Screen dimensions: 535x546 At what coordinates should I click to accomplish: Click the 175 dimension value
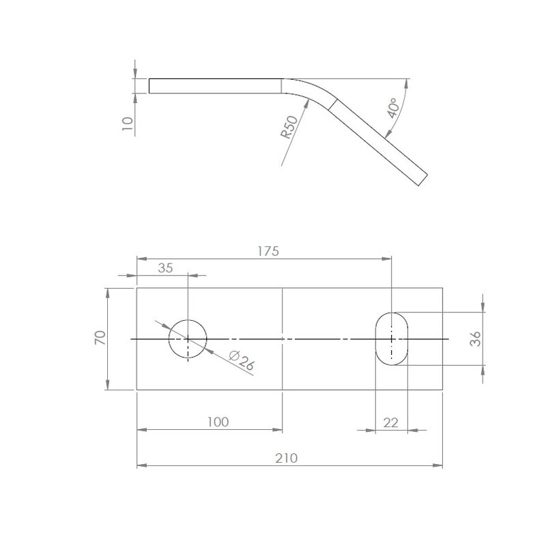(x=268, y=250)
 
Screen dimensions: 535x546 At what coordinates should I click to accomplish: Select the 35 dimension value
(x=166, y=267)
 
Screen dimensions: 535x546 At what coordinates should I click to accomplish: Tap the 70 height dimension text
(x=100, y=338)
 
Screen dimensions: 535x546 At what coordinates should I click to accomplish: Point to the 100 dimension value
(x=218, y=422)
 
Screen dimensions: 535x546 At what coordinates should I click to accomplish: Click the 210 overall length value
(x=287, y=458)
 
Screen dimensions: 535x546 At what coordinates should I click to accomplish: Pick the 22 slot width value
(x=390, y=422)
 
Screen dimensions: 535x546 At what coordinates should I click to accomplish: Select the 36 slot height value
(x=475, y=338)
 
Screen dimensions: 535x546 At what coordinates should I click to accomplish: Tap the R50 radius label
(x=289, y=128)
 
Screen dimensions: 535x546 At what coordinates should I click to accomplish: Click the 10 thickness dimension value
(x=127, y=124)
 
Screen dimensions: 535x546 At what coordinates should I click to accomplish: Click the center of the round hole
(x=188, y=338)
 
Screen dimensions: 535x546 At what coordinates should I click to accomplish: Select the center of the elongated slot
(x=391, y=338)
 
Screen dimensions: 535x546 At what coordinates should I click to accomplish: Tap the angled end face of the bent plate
(x=421, y=179)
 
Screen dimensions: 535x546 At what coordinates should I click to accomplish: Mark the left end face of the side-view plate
(x=149, y=86)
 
